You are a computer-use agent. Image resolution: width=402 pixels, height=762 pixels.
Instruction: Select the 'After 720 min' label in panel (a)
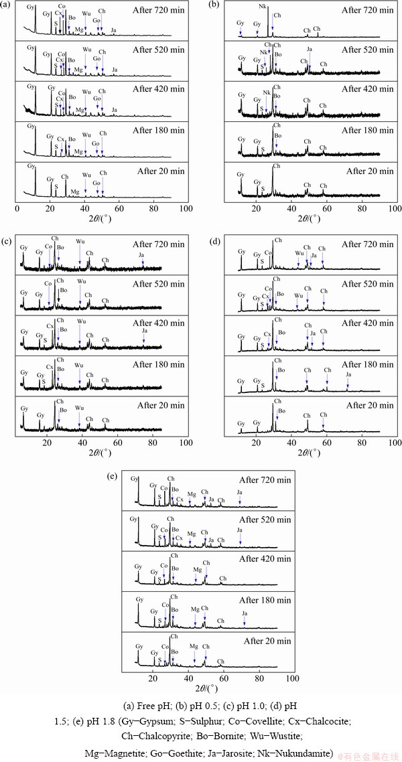[157, 10]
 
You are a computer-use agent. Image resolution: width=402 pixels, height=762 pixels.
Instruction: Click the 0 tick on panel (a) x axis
[17, 208]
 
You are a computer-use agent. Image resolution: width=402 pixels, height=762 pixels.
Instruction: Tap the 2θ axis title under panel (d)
[308, 452]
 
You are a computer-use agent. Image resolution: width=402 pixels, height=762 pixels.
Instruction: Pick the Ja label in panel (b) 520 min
[310, 49]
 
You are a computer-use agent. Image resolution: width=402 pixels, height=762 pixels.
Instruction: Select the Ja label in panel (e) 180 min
[245, 613]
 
